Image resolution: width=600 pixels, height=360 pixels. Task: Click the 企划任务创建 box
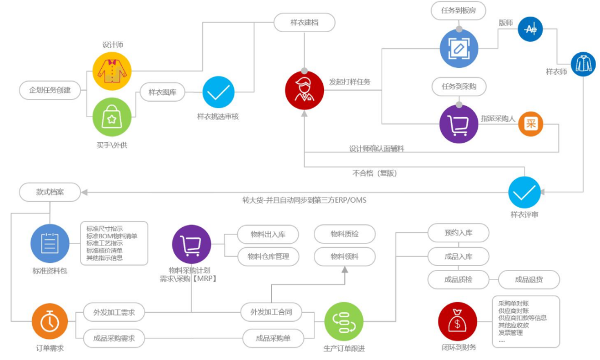50,89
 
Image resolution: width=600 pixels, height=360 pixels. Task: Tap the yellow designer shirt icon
112,71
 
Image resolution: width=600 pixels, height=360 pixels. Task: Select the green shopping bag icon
112,117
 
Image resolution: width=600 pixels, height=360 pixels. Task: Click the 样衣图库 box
162,92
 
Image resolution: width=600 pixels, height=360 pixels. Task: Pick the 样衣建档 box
304,23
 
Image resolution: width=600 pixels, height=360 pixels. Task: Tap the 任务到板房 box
458,9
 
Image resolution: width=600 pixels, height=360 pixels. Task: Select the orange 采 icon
531,124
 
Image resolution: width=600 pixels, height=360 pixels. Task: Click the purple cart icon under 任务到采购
458,124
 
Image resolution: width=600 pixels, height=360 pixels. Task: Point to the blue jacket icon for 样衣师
583,64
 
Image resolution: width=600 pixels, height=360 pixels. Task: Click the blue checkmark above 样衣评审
524,192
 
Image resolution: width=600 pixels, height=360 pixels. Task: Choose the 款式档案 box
50,192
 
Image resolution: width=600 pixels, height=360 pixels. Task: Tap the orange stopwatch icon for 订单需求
49,321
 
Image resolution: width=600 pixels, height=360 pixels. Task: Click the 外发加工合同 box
271,312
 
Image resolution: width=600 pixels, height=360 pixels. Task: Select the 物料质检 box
344,234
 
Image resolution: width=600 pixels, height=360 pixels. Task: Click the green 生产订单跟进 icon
343,321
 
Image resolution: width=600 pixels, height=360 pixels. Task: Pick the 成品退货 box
529,279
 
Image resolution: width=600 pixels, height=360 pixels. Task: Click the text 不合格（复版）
374,173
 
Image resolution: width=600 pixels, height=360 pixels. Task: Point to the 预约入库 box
458,233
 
